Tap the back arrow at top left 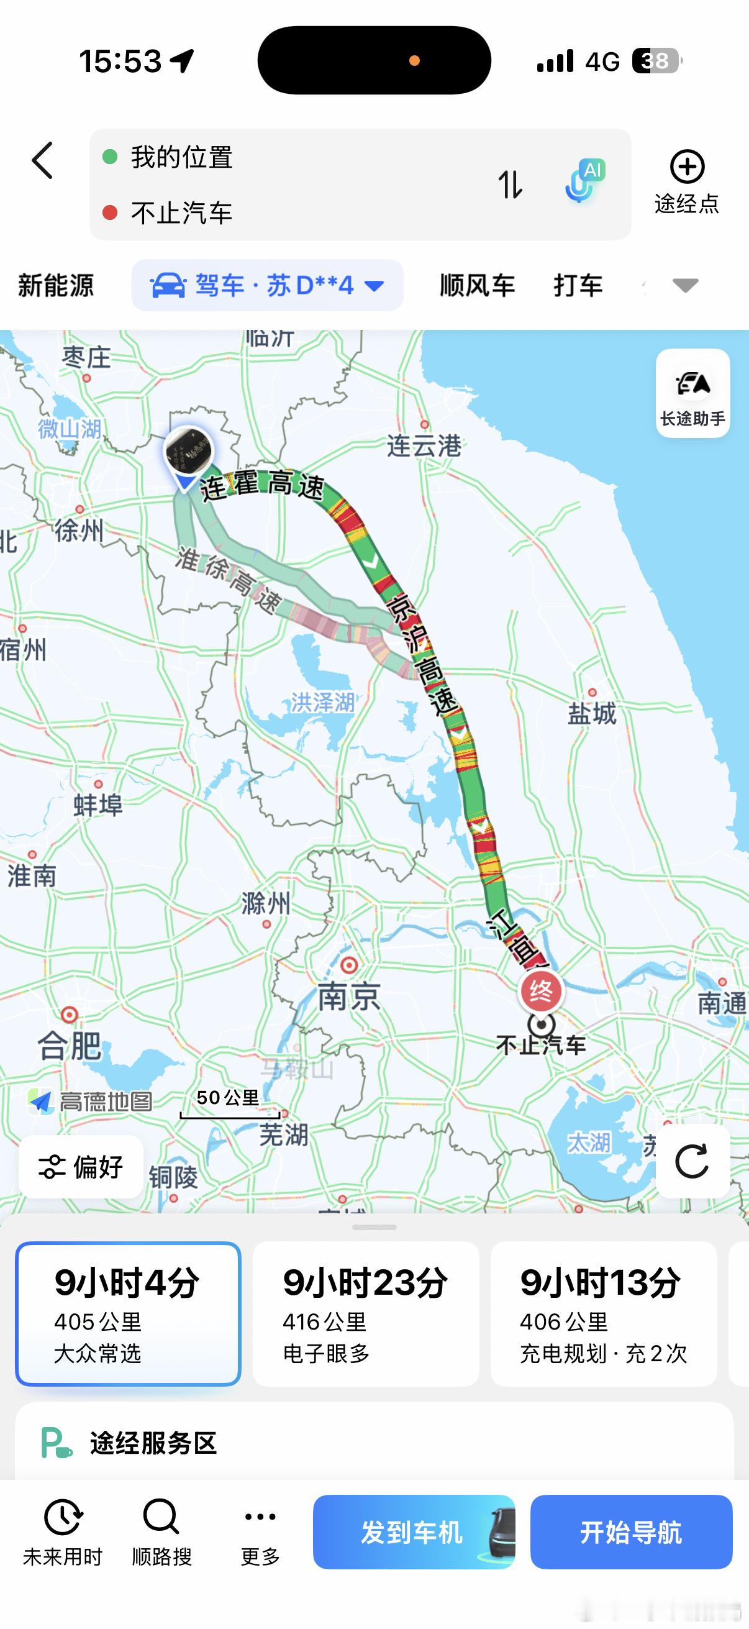tap(42, 161)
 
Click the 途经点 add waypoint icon tap(686, 168)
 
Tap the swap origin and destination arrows tap(510, 185)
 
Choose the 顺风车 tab tap(477, 285)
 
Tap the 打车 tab tap(578, 285)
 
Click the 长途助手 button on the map tap(692, 393)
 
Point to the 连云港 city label tap(424, 446)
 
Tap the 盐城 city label tap(592, 713)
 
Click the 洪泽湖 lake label tap(322, 702)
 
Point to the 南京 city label tap(349, 997)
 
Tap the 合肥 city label tap(70, 1045)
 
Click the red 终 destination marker tap(541, 991)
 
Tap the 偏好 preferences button tap(81, 1167)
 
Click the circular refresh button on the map tap(692, 1162)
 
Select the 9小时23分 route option tap(365, 1313)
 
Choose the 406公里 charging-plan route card tap(603, 1313)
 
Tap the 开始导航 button tap(631, 1531)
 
